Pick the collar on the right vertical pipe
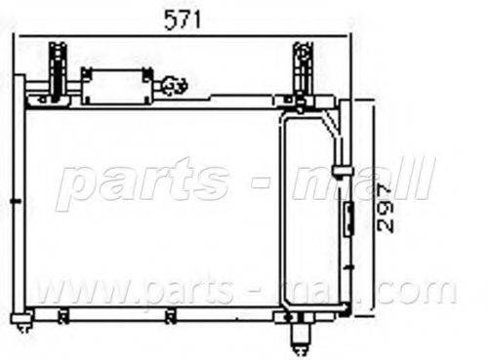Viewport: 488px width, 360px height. (x=341, y=171)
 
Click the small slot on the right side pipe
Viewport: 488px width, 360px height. (x=348, y=216)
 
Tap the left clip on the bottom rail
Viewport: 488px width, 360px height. (x=63, y=315)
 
